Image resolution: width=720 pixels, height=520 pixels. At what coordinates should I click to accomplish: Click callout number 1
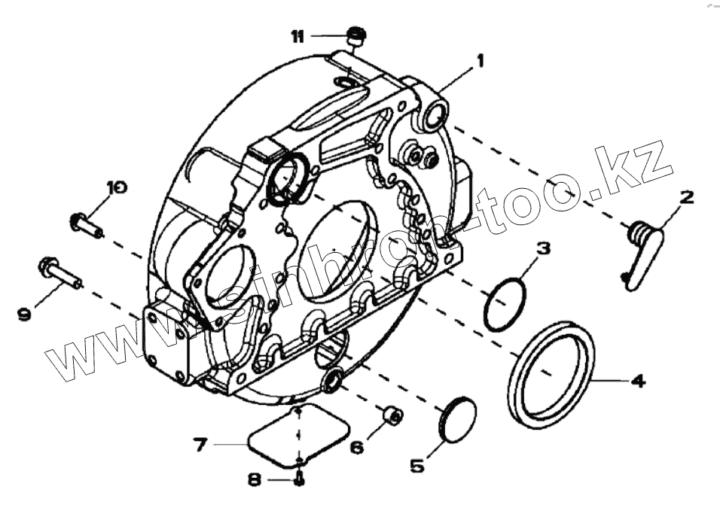pos(479,59)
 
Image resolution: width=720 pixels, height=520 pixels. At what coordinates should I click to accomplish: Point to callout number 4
pos(637,381)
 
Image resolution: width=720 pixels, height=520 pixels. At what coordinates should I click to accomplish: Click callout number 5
pos(416,466)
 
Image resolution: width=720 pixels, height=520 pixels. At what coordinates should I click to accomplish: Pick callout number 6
pos(356,447)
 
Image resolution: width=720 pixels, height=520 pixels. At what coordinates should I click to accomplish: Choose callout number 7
pos(200,445)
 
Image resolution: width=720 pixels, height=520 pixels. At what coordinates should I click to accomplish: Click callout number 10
pos(116,187)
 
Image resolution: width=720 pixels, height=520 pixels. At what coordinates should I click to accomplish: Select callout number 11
pos(298,35)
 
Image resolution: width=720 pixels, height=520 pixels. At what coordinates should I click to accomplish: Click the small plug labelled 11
pos(355,35)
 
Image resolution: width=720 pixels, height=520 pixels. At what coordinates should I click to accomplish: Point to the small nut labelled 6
pos(392,415)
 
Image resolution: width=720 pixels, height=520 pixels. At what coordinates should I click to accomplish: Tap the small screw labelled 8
pos(299,479)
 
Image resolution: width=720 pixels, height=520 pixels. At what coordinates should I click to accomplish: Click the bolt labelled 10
pos(86,224)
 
